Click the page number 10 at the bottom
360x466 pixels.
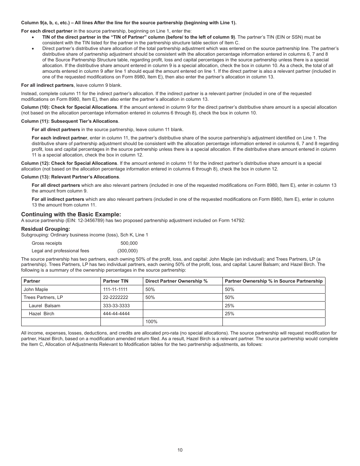click(x=180, y=450)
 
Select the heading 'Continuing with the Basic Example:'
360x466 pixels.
click(x=71, y=214)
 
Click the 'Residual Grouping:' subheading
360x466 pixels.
click(x=45, y=229)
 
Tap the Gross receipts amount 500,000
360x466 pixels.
click(x=129, y=243)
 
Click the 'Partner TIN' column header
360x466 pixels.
click(x=116, y=281)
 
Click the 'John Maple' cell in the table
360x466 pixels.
click(x=36, y=289)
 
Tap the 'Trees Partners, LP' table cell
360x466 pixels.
click(x=43, y=297)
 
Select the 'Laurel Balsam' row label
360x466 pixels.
click(x=44, y=306)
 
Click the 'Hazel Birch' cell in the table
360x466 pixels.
click(x=41, y=314)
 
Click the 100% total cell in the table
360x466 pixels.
click(x=151, y=322)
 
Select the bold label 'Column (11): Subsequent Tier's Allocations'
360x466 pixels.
click(x=70, y=121)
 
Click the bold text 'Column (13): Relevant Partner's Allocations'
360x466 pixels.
click(x=70, y=177)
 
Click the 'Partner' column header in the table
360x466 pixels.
click(x=32, y=281)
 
